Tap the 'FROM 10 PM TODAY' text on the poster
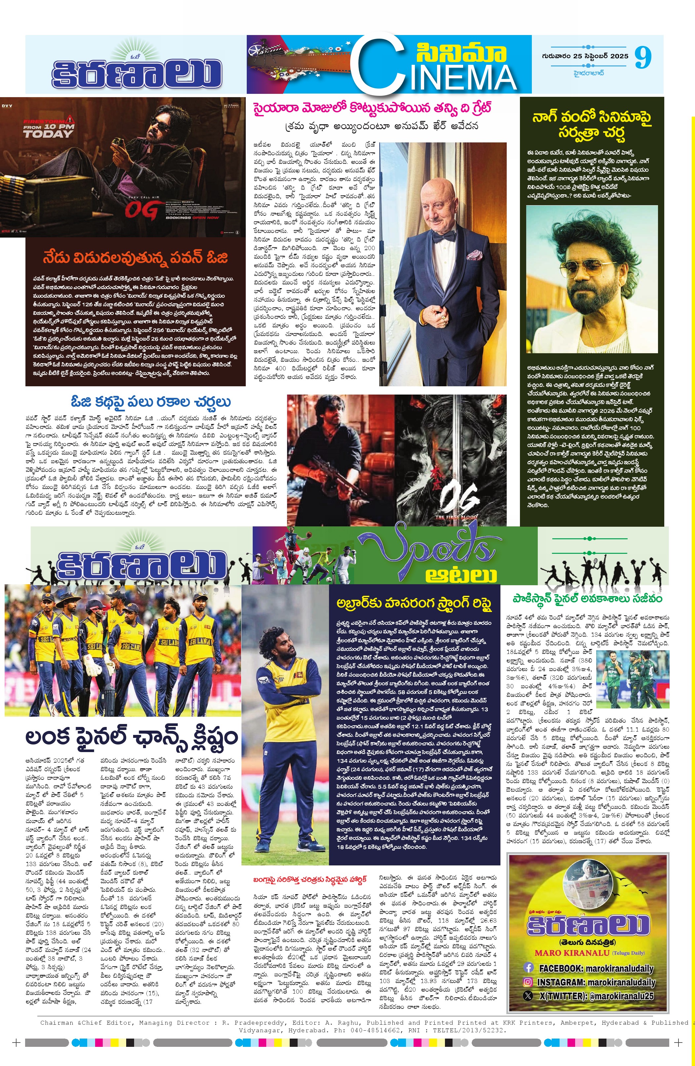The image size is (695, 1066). (48, 130)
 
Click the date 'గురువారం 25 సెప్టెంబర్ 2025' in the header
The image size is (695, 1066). (585, 57)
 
